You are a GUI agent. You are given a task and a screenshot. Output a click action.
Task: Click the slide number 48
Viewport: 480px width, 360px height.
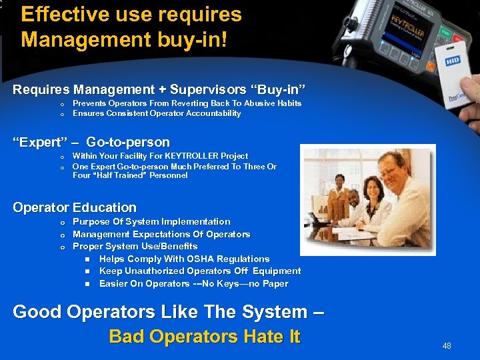(447, 346)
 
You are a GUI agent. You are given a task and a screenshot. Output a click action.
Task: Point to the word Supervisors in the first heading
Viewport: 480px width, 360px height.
(199, 89)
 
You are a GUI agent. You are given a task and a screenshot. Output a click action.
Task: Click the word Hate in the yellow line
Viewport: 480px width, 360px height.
(255, 337)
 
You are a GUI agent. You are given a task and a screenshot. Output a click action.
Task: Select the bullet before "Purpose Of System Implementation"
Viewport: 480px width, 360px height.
(62, 222)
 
